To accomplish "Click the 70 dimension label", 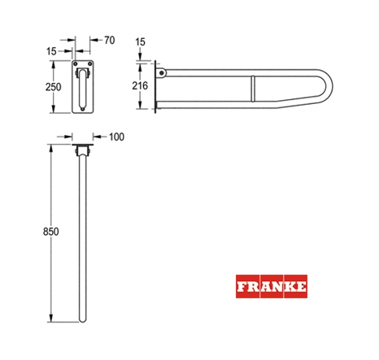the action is (110, 41).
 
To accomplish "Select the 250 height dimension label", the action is (53, 87).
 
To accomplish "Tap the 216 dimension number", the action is (140, 86).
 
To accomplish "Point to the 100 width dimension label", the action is (116, 137).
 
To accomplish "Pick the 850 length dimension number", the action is (51, 232).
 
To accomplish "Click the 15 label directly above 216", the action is (140, 42).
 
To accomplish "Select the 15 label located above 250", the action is (51, 51).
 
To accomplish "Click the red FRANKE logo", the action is (272, 286).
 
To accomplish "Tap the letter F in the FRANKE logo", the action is (242, 287).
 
